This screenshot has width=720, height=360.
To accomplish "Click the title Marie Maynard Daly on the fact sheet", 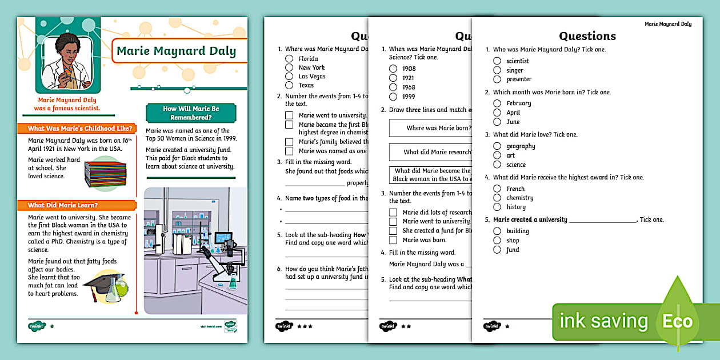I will pyautogui.click(x=176, y=51).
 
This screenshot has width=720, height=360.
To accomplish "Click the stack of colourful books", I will pyautogui.click(x=105, y=173).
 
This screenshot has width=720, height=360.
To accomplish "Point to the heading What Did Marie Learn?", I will pyautogui.click(x=63, y=205).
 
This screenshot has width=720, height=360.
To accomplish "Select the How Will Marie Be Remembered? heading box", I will pyautogui.click(x=191, y=113).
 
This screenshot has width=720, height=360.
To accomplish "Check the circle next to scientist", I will pyautogui.click(x=497, y=61).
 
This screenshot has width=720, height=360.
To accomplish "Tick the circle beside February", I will pyautogui.click(x=497, y=103).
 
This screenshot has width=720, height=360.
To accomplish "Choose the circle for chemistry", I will pyautogui.click(x=497, y=198).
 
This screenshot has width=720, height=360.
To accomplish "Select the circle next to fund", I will pyautogui.click(x=497, y=250).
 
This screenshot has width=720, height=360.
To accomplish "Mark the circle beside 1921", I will pyautogui.click(x=393, y=78).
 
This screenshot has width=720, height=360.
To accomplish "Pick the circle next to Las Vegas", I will pyautogui.click(x=289, y=76).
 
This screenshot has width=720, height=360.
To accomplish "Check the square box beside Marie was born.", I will pyautogui.click(x=393, y=240).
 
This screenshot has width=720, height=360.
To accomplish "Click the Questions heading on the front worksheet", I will pyautogui.click(x=587, y=36).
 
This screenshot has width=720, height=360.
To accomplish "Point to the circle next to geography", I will pyautogui.click(x=497, y=146).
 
